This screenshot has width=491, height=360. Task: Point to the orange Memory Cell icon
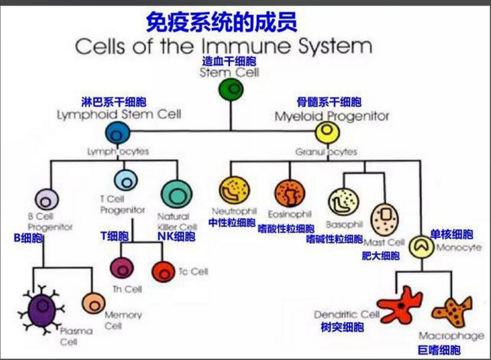(x=93, y=304)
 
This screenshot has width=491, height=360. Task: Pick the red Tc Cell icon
(x=163, y=271)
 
